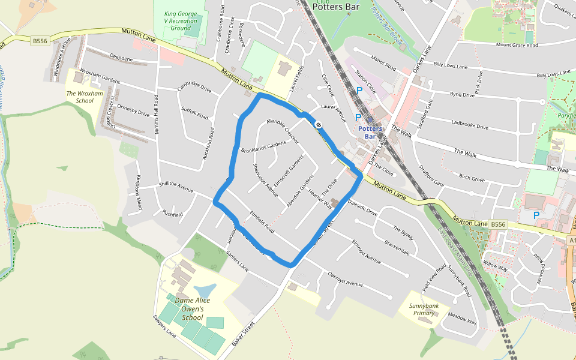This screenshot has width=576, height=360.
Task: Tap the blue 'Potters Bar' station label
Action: coord(370,133)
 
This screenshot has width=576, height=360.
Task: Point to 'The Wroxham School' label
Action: coord(80,97)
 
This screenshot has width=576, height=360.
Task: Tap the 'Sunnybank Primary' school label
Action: coord(422,309)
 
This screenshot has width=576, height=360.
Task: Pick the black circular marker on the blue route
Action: coord(319,125)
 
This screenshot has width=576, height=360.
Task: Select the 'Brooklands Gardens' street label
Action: coord(263,146)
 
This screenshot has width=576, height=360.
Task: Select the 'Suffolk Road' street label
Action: coord(195,112)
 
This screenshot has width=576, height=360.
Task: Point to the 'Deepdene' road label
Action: coord(121,58)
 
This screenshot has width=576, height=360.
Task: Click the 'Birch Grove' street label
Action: coord(472,178)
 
